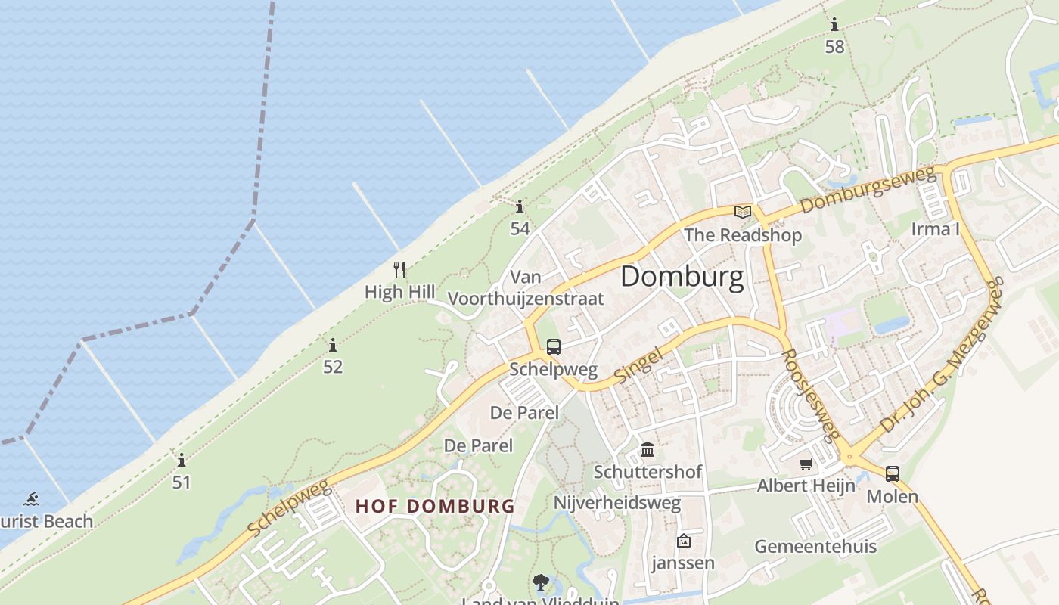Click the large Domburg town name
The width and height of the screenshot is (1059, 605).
(682, 278)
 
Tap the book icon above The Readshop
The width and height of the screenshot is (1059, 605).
(743, 212)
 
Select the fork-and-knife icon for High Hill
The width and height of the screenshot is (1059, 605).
(399, 269)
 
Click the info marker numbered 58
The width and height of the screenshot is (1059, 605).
(834, 25)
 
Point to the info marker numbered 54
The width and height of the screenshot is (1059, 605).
(520, 206)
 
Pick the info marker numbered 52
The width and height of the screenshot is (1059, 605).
(333, 346)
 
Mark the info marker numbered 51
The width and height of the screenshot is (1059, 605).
(181, 460)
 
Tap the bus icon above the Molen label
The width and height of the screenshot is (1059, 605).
(893, 474)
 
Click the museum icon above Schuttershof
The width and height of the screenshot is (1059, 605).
(648, 450)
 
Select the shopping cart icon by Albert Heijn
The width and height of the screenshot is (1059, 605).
(806, 464)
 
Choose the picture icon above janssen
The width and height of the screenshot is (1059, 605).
(684, 541)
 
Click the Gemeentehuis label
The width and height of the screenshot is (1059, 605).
(815, 546)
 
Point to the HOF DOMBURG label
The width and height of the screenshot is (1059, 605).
(435, 506)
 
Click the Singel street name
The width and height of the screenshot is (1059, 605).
(638, 365)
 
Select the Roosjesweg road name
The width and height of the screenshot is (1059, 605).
(810, 395)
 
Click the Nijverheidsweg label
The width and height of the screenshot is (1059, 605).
(617, 503)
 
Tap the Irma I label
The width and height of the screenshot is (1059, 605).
(935, 229)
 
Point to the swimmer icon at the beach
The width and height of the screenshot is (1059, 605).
(31, 499)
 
